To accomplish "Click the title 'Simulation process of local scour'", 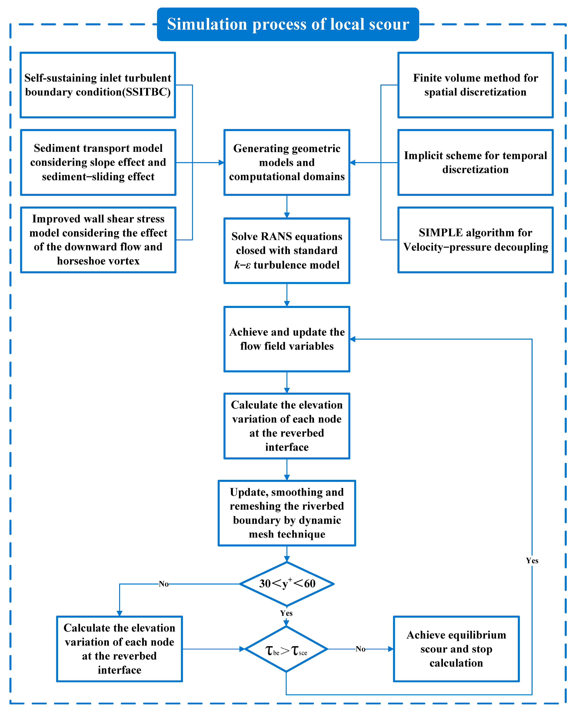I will click(288, 24).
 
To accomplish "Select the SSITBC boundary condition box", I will click(98, 85).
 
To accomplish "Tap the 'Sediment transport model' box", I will click(98, 162).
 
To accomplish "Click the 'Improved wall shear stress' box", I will click(98, 240).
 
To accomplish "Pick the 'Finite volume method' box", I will click(475, 85).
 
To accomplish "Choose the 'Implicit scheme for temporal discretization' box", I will click(475, 162).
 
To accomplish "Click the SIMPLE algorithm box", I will click(475, 240).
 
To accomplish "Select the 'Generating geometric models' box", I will click(287, 162).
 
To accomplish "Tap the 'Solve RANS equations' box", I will click(287, 251).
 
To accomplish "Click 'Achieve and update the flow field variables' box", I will click(287, 339).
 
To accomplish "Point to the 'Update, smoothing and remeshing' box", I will click(287, 513).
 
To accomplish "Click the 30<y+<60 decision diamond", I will click(287, 584).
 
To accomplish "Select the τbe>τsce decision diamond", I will click(286, 649).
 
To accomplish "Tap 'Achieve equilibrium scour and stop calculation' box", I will click(456, 649).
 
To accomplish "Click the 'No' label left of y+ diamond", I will click(164, 584).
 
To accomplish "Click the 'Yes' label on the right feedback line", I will click(532, 561).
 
